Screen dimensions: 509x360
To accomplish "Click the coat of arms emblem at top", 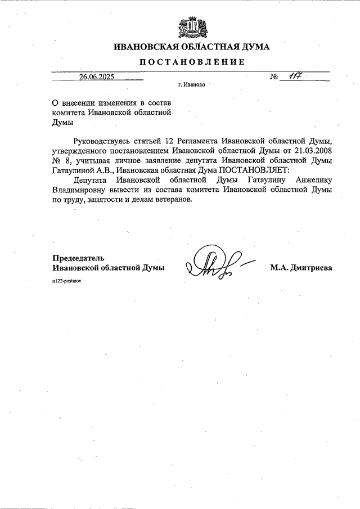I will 188,26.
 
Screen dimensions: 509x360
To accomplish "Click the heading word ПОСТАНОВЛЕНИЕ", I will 192,62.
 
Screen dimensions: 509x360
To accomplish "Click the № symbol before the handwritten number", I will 274,78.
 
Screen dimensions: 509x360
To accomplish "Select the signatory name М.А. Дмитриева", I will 300,268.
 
